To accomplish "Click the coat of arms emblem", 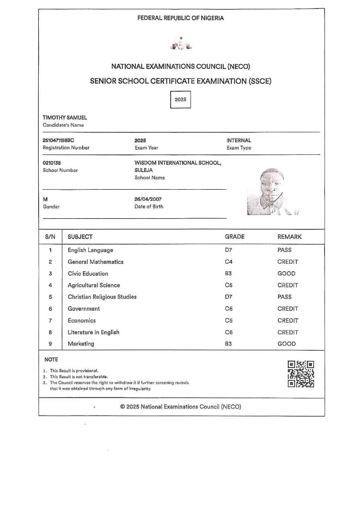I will (180, 44).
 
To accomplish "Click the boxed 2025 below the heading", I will (180, 100).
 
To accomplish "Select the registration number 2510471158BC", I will (58, 140).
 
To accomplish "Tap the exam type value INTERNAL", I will (239, 140).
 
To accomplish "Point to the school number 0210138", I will (52, 163).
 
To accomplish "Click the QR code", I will (301, 374).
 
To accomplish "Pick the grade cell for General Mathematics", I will (228, 262).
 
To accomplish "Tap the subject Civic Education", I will (88, 274).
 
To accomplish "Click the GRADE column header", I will (234, 236).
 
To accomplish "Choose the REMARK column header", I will (289, 236).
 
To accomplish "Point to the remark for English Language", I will (284, 250).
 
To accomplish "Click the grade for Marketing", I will (228, 344).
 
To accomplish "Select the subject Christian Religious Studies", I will (102, 297).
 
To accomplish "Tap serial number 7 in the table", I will (50, 321).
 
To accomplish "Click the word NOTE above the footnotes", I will (51, 359).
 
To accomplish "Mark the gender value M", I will (45, 199).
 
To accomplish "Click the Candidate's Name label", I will (63, 125).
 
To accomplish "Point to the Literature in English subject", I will (93, 332).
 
